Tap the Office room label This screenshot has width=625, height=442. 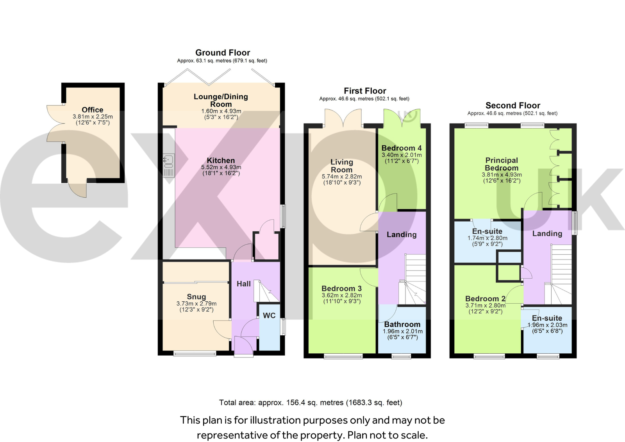point(92,110)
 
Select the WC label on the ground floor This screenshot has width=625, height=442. point(269,315)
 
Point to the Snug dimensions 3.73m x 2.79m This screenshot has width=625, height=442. point(196,304)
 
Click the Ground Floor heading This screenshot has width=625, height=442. point(223,52)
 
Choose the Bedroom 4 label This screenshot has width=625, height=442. point(402,148)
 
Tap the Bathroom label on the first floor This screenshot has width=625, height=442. point(402,324)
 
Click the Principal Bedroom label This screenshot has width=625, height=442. point(502,164)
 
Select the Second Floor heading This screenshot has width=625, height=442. point(513,105)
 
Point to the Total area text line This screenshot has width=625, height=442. point(311,403)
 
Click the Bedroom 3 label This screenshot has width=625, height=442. point(341,288)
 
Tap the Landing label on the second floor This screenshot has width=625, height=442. point(547,234)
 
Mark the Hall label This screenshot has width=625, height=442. point(244,284)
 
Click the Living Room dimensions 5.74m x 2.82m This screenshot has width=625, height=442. point(342,177)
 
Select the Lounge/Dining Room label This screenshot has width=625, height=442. point(221,100)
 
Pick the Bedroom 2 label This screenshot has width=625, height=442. point(486,299)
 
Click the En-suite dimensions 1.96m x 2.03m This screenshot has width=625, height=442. point(547,325)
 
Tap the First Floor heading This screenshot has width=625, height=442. point(365,91)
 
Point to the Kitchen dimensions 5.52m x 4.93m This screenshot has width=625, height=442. point(221,167)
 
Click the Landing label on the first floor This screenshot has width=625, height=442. point(402,234)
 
